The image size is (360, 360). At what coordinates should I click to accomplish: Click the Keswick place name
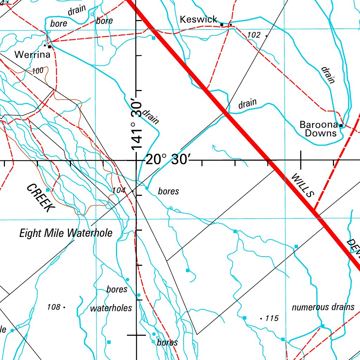coord(199,19)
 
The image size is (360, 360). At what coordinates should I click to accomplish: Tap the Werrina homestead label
coord(32,55)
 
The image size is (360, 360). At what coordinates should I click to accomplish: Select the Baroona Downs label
coord(319,129)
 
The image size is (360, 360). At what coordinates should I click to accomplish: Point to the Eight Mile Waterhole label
coord(66,233)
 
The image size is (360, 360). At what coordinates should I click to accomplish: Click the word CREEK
coord(40,198)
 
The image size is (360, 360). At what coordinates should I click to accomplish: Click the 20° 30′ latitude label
coord(168,160)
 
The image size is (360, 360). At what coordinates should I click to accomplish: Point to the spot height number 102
coord(254,35)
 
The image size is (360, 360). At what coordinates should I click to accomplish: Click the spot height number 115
coord(272,319)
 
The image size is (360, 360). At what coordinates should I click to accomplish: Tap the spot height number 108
coord(53,307)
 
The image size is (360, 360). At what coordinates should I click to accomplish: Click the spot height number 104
coord(119,190)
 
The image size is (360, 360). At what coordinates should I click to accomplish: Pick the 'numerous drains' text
coord(323,307)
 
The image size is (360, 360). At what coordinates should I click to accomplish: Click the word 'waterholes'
coord(111,308)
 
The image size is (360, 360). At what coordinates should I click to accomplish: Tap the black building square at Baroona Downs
coord(341,125)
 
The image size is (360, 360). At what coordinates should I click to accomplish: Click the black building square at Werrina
coord(50,46)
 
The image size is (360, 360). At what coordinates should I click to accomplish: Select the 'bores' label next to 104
coord(168,192)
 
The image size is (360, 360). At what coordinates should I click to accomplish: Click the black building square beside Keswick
coord(222,25)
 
